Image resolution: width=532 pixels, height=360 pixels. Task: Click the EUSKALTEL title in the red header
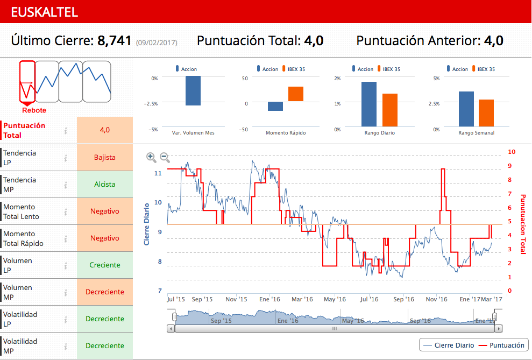(45, 12)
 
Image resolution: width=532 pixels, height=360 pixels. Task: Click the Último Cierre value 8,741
(114, 41)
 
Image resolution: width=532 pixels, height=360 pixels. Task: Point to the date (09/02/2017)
(156, 42)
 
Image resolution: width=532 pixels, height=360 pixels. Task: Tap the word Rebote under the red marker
(34, 110)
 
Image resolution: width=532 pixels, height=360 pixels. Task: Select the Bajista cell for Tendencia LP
(104, 158)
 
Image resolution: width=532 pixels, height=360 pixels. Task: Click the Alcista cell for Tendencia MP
(104, 185)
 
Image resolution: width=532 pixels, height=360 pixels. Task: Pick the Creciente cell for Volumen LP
(104, 265)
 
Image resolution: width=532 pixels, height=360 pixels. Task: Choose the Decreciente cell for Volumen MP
(104, 292)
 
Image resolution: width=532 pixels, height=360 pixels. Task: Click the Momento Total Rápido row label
(24, 238)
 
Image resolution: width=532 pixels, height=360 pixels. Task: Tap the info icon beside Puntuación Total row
(65, 130)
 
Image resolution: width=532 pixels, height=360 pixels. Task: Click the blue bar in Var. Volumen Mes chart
(193, 90)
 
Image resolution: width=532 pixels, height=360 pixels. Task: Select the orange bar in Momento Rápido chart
(296, 94)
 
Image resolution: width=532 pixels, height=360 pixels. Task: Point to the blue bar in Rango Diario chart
(369, 104)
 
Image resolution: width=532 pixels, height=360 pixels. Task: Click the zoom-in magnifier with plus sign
(152, 158)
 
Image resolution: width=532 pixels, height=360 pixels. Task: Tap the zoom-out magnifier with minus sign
(165, 158)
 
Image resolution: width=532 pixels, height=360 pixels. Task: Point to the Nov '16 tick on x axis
(436, 299)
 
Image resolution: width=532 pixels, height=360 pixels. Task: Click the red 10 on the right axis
(512, 152)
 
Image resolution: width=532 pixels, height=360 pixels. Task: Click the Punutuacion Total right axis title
(522, 224)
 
